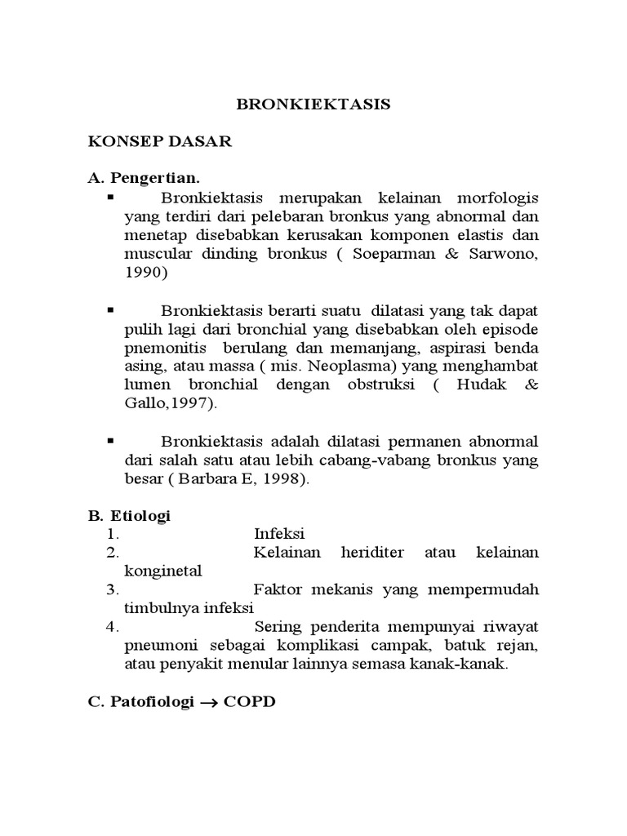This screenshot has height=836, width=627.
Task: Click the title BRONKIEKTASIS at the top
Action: tap(313, 104)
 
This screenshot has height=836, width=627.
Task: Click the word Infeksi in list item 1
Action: tap(279, 534)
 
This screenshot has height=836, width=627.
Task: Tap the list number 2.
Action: tap(113, 553)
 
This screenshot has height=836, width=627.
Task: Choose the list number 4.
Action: tap(113, 627)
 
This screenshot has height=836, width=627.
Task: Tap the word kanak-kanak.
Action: tap(469, 665)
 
